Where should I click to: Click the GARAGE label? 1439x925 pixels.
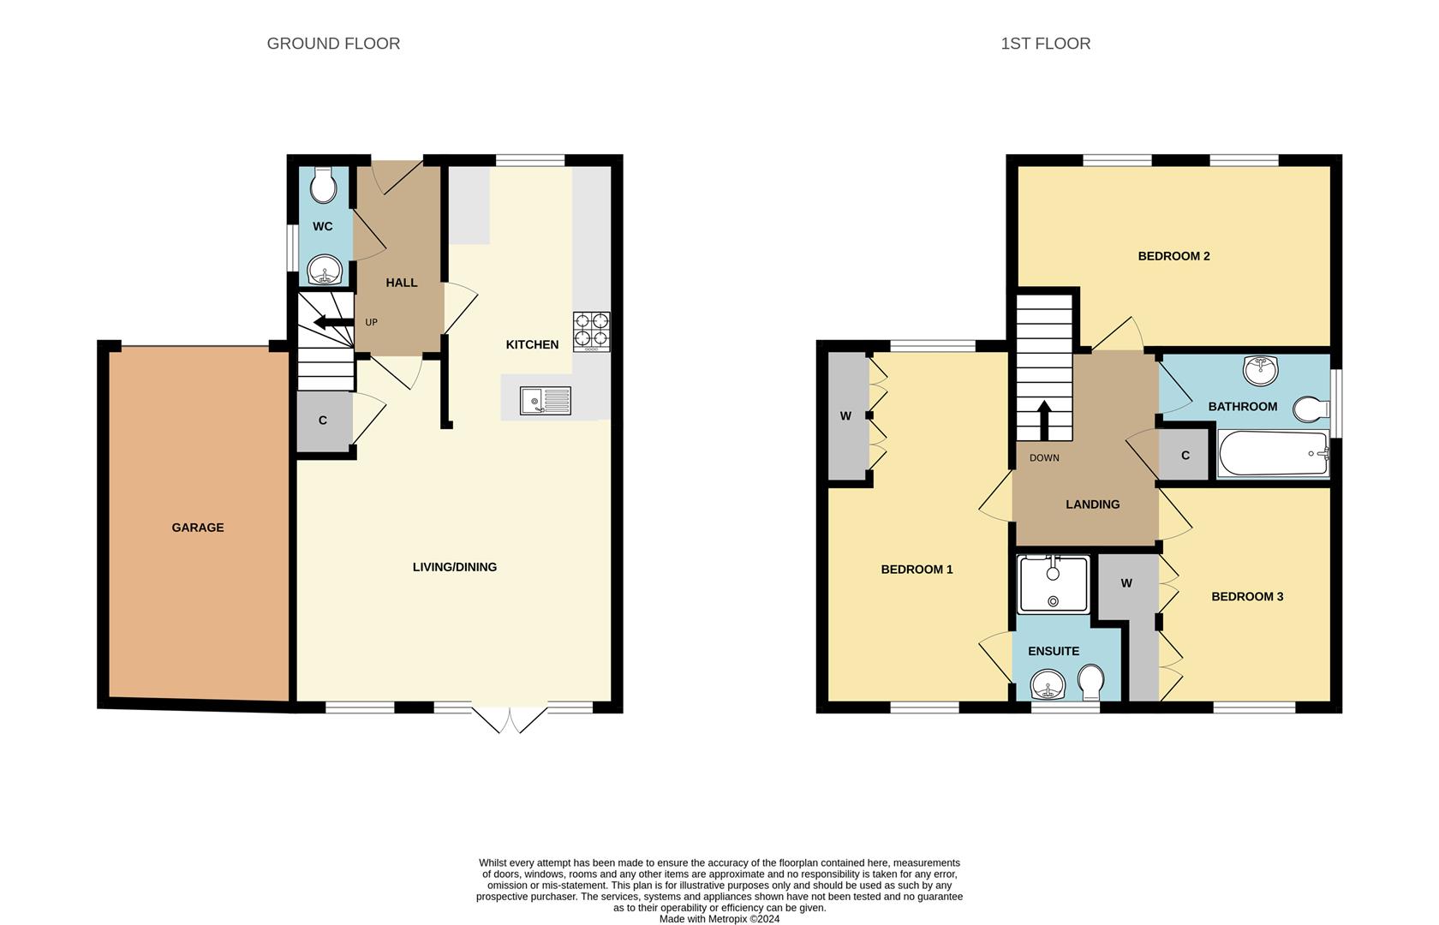pyautogui.click(x=198, y=528)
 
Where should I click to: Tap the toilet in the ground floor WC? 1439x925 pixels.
pyautogui.click(x=323, y=186)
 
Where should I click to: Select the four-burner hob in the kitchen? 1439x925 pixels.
pyautogui.click(x=592, y=331)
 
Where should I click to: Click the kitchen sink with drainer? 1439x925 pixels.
pyautogui.click(x=546, y=400)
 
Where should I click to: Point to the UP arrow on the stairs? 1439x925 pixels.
pyautogui.click(x=333, y=323)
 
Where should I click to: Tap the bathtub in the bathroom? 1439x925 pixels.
pyautogui.click(x=1273, y=454)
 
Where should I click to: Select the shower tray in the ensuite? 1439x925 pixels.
pyautogui.click(x=1054, y=584)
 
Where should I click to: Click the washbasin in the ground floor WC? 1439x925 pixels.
pyautogui.click(x=325, y=272)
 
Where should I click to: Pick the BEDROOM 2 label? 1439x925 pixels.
pyautogui.click(x=1173, y=256)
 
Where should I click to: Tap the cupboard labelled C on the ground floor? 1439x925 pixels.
pyautogui.click(x=323, y=421)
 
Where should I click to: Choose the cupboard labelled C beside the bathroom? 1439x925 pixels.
pyautogui.click(x=1185, y=456)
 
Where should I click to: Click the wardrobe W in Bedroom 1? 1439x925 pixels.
pyautogui.click(x=846, y=416)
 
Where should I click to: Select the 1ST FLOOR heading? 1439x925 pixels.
pyautogui.click(x=1045, y=44)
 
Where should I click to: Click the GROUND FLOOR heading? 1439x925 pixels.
pyautogui.click(x=333, y=44)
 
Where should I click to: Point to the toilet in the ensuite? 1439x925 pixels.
pyautogui.click(x=1090, y=683)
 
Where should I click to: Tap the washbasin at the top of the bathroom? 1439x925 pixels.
pyautogui.click(x=1260, y=370)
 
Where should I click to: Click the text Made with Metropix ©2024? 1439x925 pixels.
pyautogui.click(x=719, y=919)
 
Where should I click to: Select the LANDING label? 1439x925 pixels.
pyautogui.click(x=1092, y=504)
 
